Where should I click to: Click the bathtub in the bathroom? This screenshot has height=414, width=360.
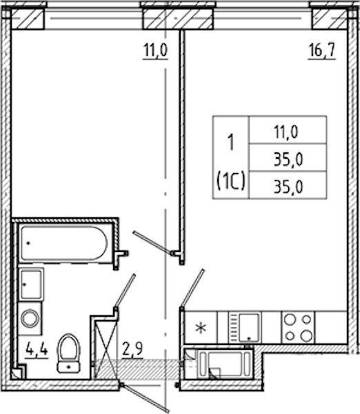(x=64, y=243)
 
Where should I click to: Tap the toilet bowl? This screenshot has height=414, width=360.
(x=69, y=353)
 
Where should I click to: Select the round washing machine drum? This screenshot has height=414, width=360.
(x=30, y=318)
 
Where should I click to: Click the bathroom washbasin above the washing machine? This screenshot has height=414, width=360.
(x=31, y=284)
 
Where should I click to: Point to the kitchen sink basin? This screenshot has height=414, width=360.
(x=249, y=327)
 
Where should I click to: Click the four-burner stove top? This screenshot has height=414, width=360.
(x=298, y=328)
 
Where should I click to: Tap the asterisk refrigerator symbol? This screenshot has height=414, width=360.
(x=201, y=328)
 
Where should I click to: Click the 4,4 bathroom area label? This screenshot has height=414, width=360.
(x=37, y=351)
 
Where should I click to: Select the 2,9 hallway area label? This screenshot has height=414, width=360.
(x=132, y=349)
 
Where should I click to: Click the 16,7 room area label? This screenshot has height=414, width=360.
(x=322, y=50)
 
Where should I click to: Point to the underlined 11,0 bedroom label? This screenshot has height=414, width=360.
(x=155, y=50)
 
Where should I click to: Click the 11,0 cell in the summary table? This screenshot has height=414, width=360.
(x=286, y=132)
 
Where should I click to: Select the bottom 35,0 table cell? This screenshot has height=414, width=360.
(x=288, y=187)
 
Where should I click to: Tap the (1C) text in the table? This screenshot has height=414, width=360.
(x=231, y=181)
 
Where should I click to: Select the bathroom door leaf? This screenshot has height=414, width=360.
(x=125, y=291)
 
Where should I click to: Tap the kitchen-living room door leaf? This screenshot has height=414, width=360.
(x=192, y=288)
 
